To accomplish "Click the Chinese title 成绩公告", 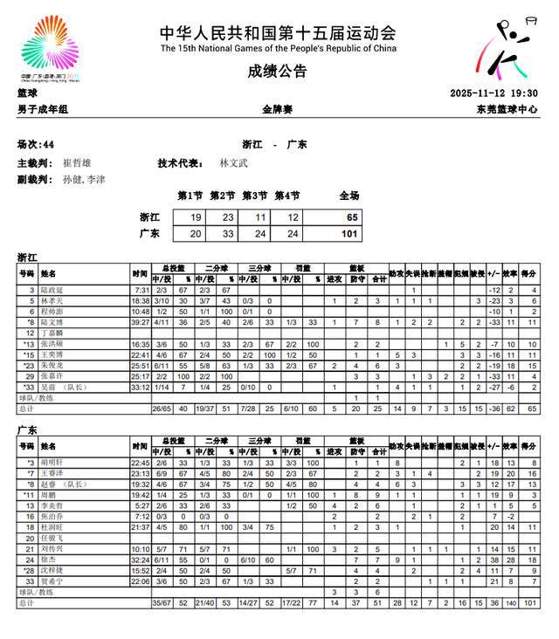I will tap(278, 71).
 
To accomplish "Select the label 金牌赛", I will tap(278, 109).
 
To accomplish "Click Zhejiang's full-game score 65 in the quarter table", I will tap(351, 217).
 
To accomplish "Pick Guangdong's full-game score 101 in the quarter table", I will tap(349, 233).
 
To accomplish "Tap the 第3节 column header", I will tap(254, 196).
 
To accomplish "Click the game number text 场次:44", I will tap(36, 145).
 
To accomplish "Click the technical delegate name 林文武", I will tap(233, 163).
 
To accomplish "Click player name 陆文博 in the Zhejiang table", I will tap(52, 321).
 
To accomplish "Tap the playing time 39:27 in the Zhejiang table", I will tap(140, 321).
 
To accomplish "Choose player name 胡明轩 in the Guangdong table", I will tap(52, 463).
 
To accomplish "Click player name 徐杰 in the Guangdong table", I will tap(48, 560).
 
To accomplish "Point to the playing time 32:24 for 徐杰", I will tap(140, 560).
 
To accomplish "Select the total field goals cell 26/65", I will tap(162, 408).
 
